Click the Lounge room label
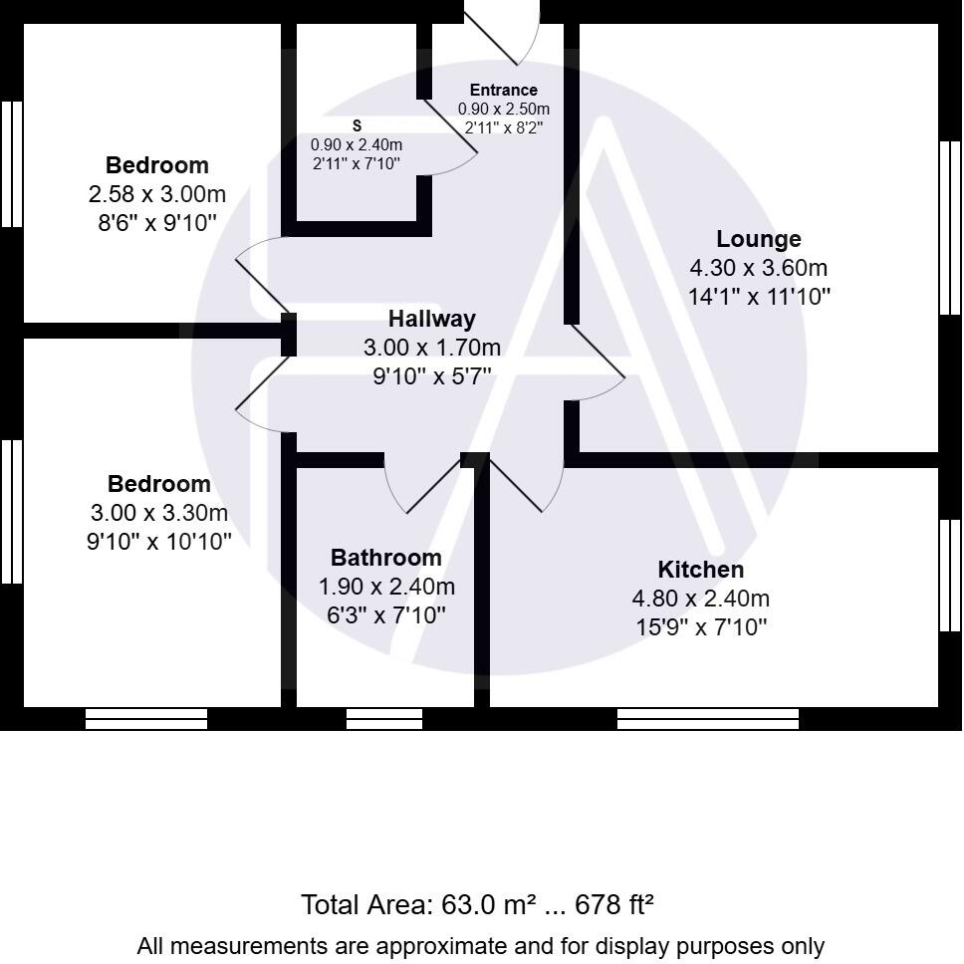pos(759,239)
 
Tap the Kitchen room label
pos(700,570)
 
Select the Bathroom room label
pos(385,558)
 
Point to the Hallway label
pos(431,320)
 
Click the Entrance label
pos(503,91)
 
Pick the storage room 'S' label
pos(357,125)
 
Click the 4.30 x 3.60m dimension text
pos(759,268)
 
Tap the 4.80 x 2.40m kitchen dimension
pos(700,599)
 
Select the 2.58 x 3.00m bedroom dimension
pos(157,193)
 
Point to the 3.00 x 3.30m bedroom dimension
pos(158,513)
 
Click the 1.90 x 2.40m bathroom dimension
pos(385,587)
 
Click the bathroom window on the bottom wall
pos(384,718)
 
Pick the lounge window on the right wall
pos(950,228)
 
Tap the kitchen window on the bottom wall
pos(708,718)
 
